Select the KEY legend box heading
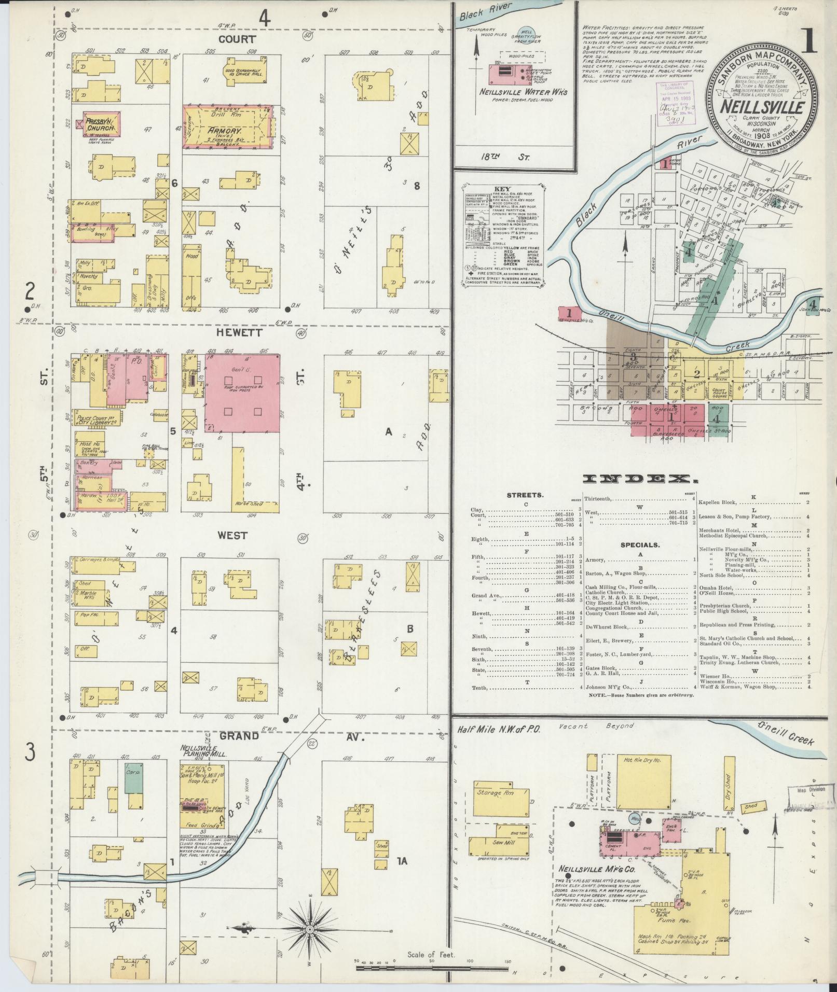tap(504, 188)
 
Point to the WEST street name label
tap(232, 535)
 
